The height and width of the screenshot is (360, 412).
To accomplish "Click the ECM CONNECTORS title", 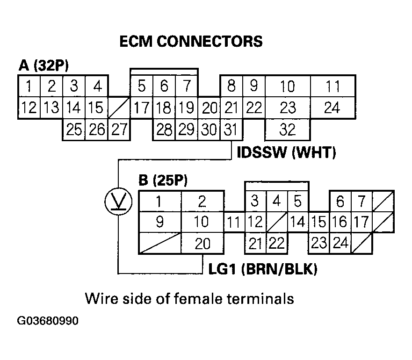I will tap(191, 41).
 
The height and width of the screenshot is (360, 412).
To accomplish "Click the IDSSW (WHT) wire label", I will tap(287, 153).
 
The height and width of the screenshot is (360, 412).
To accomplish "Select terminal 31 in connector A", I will tap(231, 129).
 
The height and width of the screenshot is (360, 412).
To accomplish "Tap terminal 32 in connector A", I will tap(287, 129).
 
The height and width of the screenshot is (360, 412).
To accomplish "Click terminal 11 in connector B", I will tap(234, 222).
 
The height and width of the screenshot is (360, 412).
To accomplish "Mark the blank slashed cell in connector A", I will tap(119, 108).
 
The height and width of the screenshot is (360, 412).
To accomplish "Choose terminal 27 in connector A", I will tap(119, 129).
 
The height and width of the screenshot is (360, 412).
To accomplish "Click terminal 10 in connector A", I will tap(287, 86).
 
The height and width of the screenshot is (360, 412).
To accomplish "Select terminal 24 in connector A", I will tap(332, 108).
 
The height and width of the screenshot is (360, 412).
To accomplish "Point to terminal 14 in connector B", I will tap(297, 222).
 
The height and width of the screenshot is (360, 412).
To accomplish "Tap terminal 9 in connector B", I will tap(160, 222).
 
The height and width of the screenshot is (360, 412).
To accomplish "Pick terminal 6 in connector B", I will tap(340, 201).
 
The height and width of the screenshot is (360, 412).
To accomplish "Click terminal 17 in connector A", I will tap(141, 108).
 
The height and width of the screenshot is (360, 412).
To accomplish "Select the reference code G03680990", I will tap(48, 322).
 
